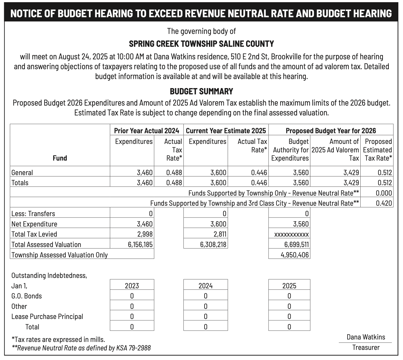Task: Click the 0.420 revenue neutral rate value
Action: (384, 203)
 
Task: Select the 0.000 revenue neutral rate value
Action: (384, 193)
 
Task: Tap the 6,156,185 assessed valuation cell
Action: (140, 245)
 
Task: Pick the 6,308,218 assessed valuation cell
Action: (213, 245)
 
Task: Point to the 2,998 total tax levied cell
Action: (145, 234)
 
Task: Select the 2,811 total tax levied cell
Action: (219, 234)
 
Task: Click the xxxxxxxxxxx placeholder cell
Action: (291, 234)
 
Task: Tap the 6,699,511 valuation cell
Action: (296, 245)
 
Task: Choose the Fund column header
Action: (60, 158)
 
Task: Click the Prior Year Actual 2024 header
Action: (147, 130)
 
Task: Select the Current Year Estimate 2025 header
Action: (226, 130)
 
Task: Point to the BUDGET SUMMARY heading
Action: (201, 91)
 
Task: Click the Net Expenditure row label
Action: (34, 224)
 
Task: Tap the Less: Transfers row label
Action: (33, 214)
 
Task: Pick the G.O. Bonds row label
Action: (27, 296)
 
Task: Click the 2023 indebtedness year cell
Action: (132, 286)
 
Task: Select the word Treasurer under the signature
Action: (366, 347)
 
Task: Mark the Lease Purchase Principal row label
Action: (47, 317)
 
